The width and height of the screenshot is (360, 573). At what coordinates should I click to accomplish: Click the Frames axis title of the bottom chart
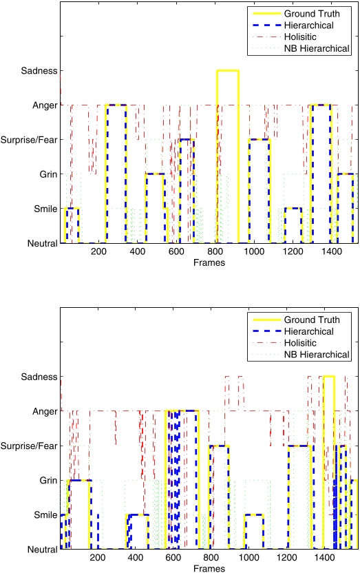pos(207,570)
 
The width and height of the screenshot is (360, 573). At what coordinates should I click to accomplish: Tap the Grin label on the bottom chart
pos(45,480)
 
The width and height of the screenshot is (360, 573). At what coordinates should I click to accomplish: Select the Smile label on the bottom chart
pos(43,514)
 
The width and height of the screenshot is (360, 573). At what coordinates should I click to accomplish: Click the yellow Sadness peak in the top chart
pos(227,70)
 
